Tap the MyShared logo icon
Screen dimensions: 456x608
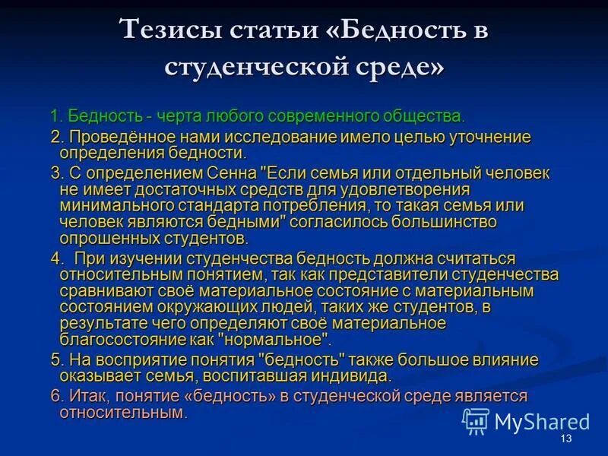coord(476,420)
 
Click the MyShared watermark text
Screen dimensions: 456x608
coord(542,422)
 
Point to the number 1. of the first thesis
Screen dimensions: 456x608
coord(56,116)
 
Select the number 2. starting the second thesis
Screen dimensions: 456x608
coord(56,137)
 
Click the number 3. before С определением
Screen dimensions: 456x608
coord(56,173)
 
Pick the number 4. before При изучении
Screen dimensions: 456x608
coord(56,258)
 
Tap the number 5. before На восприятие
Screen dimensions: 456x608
coord(56,359)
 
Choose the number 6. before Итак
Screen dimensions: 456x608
coord(56,396)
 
